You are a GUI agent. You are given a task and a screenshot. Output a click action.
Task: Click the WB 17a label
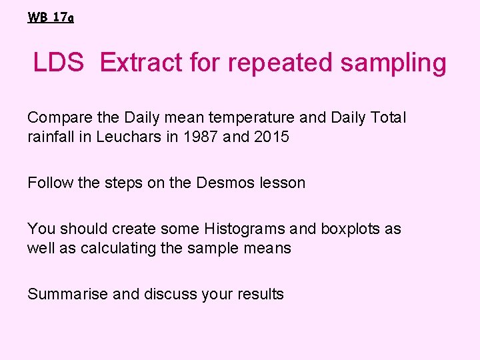[51, 18]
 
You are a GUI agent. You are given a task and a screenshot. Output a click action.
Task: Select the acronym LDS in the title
[59, 63]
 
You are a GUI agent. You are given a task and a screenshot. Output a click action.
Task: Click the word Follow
[49, 183]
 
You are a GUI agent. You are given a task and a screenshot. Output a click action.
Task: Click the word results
[260, 294]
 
